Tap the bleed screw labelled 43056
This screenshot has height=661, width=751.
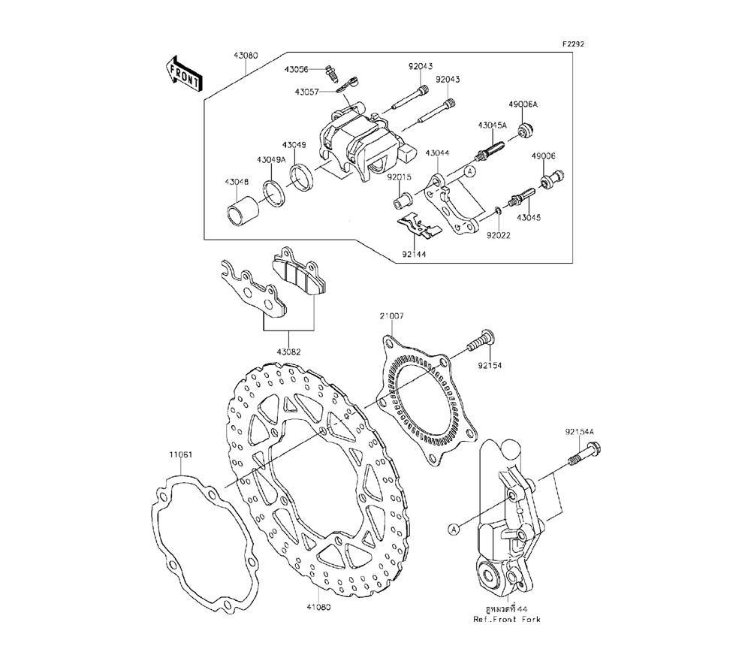coord(331,74)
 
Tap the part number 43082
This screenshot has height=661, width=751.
coord(288,351)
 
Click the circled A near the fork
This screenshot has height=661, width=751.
coord(454,529)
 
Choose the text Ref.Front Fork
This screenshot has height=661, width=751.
coord(506,620)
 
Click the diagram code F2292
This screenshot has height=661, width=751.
coord(574,44)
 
